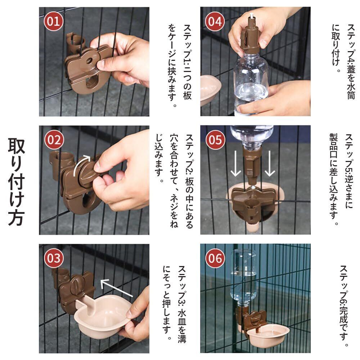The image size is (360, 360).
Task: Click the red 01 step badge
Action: (x=54, y=21)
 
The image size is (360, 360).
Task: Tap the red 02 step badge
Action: (x=54, y=140)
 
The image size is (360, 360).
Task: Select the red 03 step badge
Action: (x=54, y=258)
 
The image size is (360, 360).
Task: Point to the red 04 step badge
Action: (x=215, y=21)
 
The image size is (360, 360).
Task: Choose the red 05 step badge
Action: (x=215, y=140)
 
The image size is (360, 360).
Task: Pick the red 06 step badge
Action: (x=215, y=258)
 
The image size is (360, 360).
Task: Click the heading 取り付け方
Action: (x=16, y=181)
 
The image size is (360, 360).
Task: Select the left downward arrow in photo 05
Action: (x=235, y=163)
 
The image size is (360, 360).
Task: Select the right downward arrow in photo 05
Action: (x=270, y=163)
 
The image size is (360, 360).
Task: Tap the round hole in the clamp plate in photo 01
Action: (x=89, y=60)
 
